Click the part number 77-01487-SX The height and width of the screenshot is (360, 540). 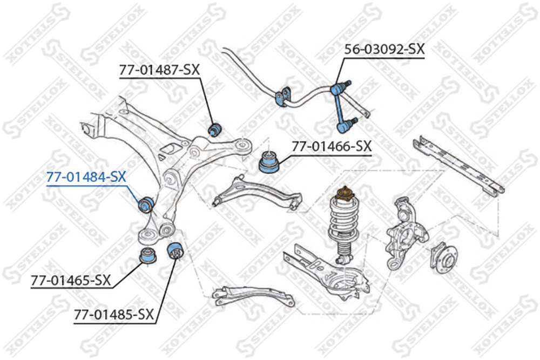[x=159, y=70]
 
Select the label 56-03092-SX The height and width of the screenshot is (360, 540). [x=384, y=49]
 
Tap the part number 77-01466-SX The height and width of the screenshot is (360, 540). [x=332, y=146]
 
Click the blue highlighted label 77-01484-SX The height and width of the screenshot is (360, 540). [x=86, y=177]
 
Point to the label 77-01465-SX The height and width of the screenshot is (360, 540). [x=71, y=281]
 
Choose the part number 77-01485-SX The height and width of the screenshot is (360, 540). [x=114, y=314]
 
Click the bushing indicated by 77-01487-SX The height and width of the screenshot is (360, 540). [x=215, y=129]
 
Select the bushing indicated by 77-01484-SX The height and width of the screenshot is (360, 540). [x=145, y=205]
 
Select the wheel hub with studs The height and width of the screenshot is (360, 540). [x=443, y=258]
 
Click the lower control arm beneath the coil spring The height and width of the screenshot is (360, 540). [x=326, y=272]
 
